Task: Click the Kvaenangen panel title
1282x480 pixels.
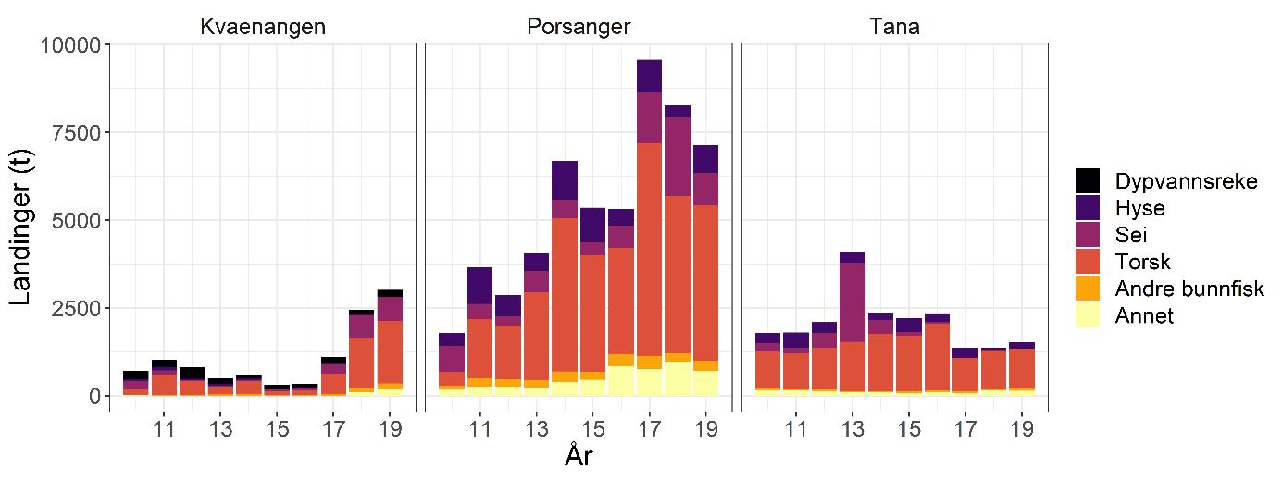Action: (x=263, y=27)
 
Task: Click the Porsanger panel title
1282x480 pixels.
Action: (x=579, y=27)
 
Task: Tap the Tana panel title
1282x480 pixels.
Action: (x=894, y=27)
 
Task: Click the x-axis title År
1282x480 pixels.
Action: (x=579, y=457)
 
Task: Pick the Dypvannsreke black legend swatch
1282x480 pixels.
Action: (x=1088, y=181)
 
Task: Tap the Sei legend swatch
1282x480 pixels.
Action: (x=1088, y=235)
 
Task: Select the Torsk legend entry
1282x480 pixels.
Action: (x=1141, y=262)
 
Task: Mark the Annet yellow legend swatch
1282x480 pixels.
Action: (x=1088, y=315)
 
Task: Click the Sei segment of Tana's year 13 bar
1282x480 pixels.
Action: (x=853, y=302)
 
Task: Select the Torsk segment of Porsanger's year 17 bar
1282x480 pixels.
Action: (x=649, y=250)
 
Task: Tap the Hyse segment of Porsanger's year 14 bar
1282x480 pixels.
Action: (x=565, y=180)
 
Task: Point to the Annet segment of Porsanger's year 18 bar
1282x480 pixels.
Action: (x=678, y=378)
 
